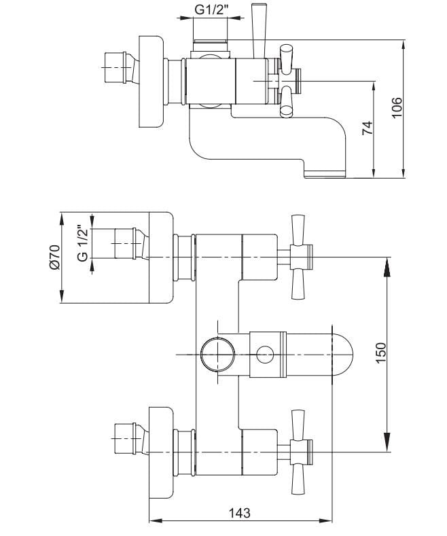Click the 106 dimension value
point(397,108)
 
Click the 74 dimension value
point(368,128)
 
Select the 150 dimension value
point(380,353)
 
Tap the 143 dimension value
point(240,513)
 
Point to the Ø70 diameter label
point(54,256)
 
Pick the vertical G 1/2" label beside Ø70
point(83,243)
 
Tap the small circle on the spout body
point(265,355)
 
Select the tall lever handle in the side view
point(259,31)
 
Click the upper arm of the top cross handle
point(298,230)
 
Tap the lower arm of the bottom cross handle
point(298,480)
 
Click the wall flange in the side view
point(152,82)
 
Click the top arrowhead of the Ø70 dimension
point(62,219)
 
